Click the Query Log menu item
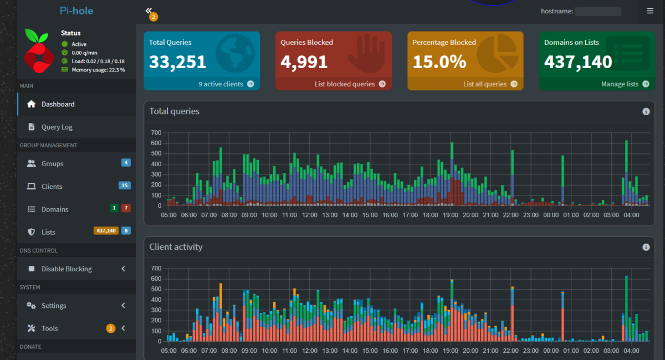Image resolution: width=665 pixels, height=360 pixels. click(57, 127)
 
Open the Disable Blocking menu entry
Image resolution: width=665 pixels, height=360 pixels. click(66, 269)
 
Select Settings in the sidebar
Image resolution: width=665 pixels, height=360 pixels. click(54, 306)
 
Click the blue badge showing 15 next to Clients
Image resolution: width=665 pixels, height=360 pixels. click(125, 186)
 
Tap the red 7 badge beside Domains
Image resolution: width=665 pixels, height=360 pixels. click(126, 208)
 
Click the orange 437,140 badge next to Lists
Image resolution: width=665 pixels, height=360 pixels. click(106, 230)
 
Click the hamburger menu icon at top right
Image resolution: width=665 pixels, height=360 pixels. click(650, 11)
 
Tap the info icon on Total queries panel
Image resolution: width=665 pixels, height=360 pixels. click(646, 111)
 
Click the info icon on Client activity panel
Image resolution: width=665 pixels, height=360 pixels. click(646, 247)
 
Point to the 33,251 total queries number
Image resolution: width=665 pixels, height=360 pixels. click(177, 61)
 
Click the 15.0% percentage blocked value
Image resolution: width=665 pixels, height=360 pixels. click(439, 61)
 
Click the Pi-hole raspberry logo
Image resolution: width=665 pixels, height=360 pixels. click(39, 51)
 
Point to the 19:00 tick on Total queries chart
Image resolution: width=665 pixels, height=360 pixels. click(451, 215)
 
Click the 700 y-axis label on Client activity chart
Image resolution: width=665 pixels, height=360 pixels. click(156, 268)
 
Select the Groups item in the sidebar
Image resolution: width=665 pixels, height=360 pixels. click(52, 163)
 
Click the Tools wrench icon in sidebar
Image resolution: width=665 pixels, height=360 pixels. click(31, 328)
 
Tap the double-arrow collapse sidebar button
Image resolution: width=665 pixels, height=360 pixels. click(149, 11)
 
